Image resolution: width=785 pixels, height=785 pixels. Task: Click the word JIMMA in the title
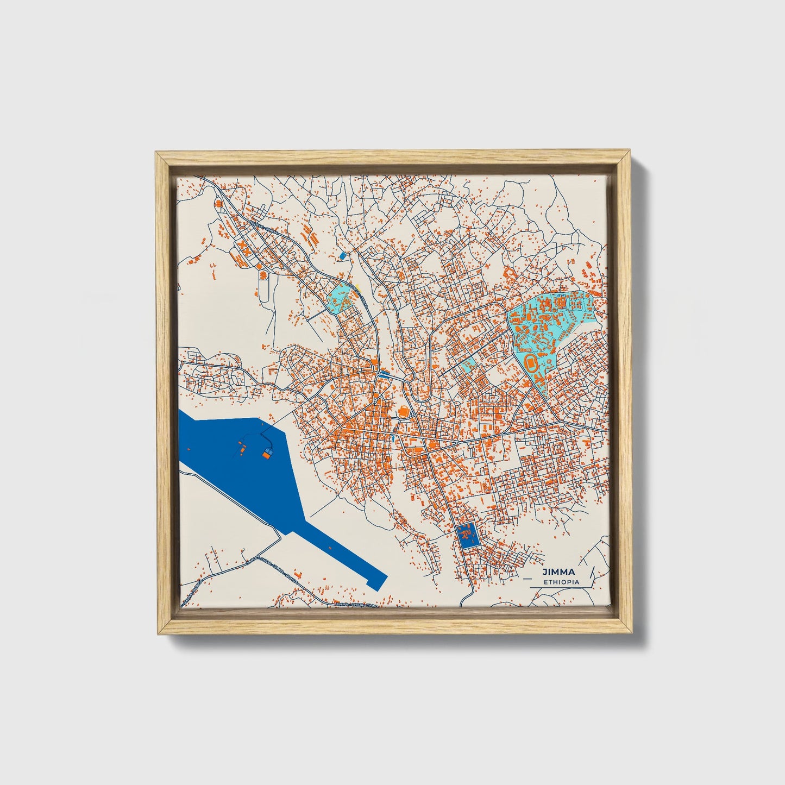pyautogui.click(x=558, y=572)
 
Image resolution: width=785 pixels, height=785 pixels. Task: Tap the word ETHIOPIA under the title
pyautogui.click(x=561, y=582)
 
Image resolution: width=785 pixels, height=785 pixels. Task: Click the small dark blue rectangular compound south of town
pyautogui.click(x=466, y=535)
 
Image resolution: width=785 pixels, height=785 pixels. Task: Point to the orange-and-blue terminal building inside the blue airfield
pyautogui.click(x=267, y=454)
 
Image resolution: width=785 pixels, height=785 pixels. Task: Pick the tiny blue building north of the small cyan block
pyautogui.click(x=342, y=255)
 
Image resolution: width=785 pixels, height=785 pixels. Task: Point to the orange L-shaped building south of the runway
pyautogui.click(x=297, y=574)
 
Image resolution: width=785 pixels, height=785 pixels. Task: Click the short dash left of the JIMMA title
pyautogui.click(x=525, y=572)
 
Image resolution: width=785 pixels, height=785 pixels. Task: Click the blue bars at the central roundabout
pyautogui.click(x=385, y=374)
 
